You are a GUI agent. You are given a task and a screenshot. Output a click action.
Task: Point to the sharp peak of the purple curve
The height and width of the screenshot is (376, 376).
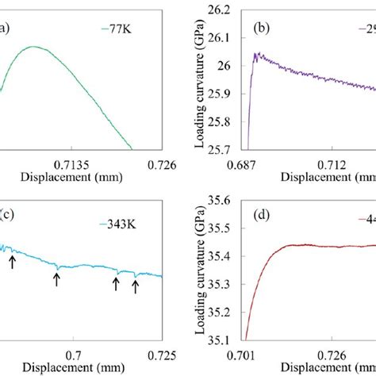(x=255, y=54)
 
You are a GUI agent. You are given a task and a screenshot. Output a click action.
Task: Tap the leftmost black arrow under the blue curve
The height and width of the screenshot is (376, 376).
(x=12, y=262)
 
